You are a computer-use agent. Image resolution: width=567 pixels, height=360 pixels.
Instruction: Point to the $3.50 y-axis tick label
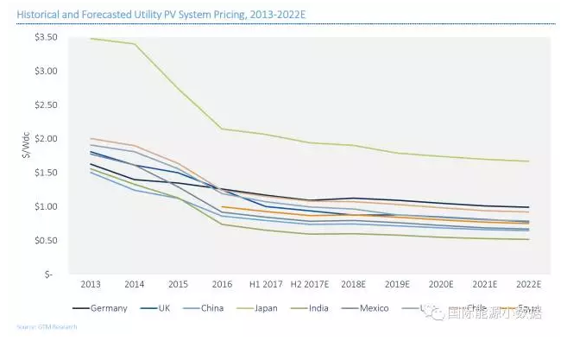pyautogui.click(x=46, y=38)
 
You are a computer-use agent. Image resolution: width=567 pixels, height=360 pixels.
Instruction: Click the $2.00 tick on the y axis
pyautogui.click(x=46, y=139)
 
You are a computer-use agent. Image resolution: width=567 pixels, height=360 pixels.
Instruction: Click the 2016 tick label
pyautogui.click(x=222, y=283)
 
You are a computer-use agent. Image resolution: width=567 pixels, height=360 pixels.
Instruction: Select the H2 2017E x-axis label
pyautogui.click(x=309, y=283)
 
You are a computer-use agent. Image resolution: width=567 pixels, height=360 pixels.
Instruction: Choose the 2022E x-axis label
pyautogui.click(x=527, y=283)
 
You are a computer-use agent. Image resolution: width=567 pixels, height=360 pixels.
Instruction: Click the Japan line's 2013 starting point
pyautogui.click(x=91, y=39)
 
